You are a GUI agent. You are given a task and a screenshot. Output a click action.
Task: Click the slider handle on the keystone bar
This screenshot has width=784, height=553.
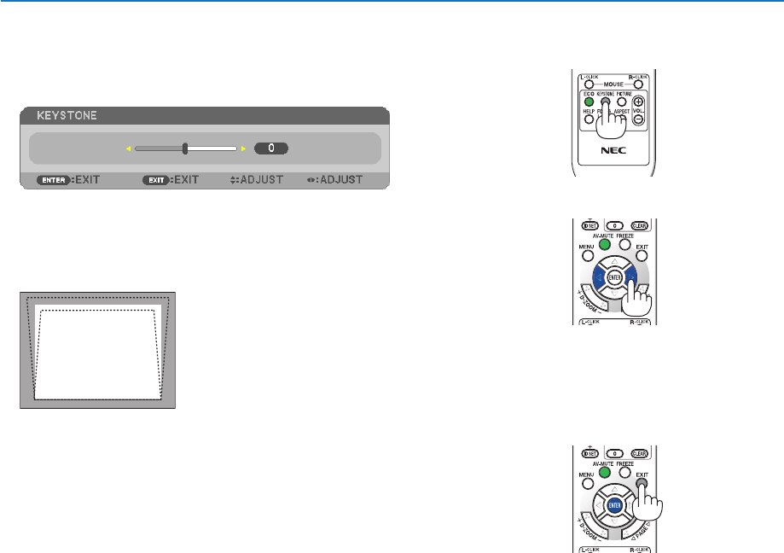coord(185,148)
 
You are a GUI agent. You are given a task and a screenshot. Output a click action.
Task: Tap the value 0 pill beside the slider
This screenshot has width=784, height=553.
coord(271,148)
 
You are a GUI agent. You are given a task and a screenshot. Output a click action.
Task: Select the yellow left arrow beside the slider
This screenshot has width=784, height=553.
coord(130,148)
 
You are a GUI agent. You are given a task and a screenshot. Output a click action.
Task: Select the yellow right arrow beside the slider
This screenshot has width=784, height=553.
coord(243,148)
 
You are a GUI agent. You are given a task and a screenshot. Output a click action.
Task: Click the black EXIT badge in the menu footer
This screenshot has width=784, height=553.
coord(157,180)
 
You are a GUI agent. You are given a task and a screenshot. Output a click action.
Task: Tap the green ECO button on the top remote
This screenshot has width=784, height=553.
coord(589,102)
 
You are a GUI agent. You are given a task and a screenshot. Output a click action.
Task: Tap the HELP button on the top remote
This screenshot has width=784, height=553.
coord(589,119)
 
